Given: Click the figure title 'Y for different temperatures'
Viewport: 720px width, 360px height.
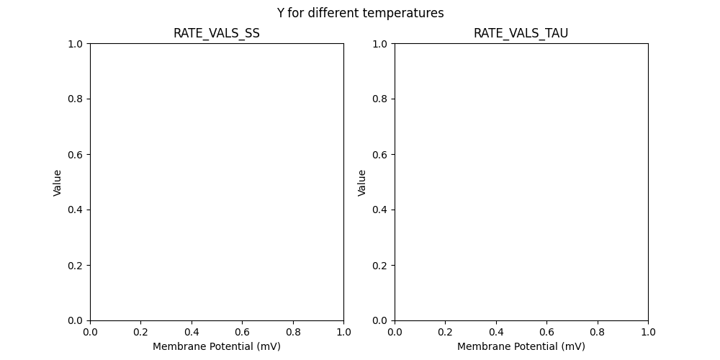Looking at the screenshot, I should point(360,13).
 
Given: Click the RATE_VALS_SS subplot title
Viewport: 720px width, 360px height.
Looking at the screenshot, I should point(216,33).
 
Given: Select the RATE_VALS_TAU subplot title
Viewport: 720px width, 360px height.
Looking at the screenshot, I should point(521,33).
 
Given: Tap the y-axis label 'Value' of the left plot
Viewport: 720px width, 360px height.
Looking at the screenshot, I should point(58,182).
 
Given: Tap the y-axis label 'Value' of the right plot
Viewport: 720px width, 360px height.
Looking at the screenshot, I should point(362,182).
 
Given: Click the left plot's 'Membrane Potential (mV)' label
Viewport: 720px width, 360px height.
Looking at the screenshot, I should point(216,346).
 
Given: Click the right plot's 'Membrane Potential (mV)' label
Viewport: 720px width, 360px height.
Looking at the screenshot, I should point(521,346).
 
